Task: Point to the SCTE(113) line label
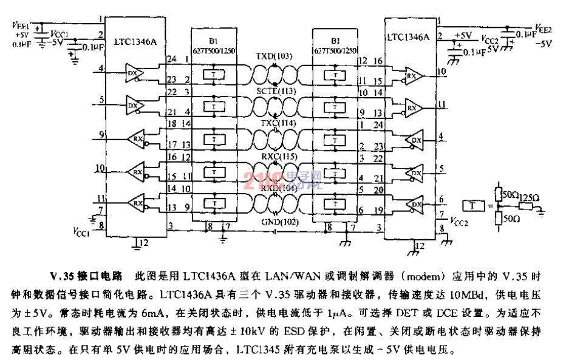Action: [274, 90]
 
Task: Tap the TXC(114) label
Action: [274, 124]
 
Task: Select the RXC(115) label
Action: [274, 157]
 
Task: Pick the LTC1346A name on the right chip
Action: [407, 37]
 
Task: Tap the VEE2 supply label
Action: [543, 28]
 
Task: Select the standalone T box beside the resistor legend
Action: [473, 206]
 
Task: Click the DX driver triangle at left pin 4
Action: [133, 73]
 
